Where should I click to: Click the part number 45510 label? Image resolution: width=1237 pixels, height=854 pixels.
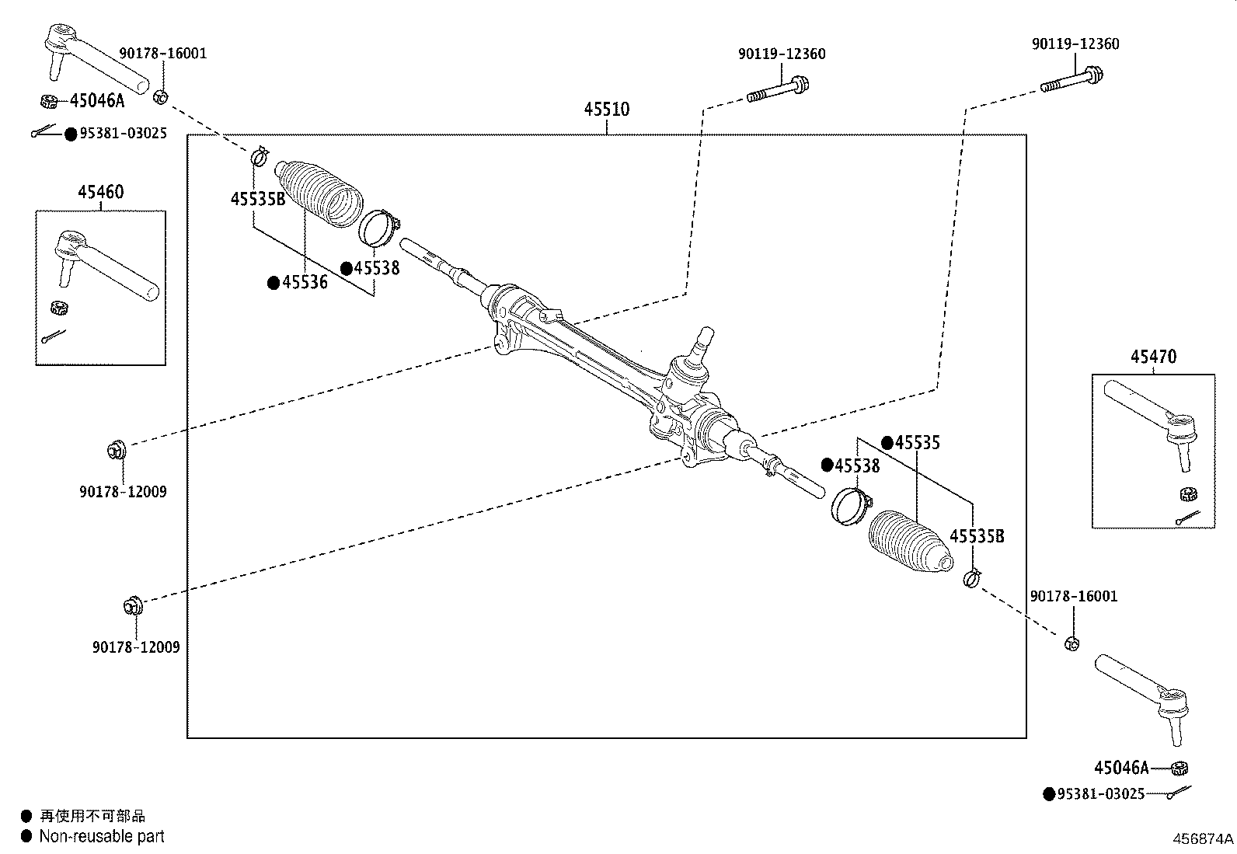click(607, 110)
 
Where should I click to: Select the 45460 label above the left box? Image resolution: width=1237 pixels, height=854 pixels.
click(100, 192)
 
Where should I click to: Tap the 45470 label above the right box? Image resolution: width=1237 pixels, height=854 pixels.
click(1153, 357)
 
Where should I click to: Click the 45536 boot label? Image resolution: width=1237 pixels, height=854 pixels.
click(305, 283)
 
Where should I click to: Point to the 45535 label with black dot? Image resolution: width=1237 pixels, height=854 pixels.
click(917, 443)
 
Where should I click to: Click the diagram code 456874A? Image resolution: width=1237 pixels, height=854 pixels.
click(1203, 839)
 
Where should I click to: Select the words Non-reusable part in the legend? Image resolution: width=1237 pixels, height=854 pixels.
click(102, 837)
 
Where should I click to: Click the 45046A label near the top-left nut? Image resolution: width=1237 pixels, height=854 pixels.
click(97, 100)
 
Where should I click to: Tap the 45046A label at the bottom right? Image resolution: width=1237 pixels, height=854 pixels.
click(1121, 768)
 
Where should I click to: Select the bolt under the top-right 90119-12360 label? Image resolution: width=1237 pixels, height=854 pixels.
click(1072, 79)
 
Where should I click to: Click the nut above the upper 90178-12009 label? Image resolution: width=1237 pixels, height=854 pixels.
click(115, 449)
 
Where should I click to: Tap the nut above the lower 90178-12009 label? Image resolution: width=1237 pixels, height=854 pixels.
click(131, 605)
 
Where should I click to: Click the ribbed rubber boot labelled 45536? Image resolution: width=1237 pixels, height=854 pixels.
click(320, 193)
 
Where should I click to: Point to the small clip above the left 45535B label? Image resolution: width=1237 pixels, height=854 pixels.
click(259, 156)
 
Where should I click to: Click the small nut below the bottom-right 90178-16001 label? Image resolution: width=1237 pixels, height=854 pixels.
click(1071, 643)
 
